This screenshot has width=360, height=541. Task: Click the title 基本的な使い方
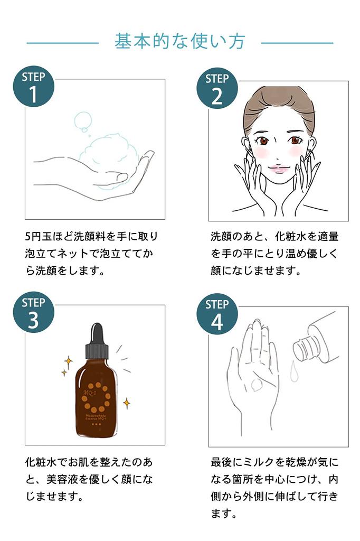coord(180,41)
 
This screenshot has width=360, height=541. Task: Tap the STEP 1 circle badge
coord(33,87)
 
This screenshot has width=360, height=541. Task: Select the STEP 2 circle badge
coord(217,88)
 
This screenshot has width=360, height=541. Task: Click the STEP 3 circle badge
coord(33,313)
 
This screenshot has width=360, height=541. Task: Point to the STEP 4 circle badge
coord(217,314)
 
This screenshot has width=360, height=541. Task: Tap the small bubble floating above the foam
coord(82,121)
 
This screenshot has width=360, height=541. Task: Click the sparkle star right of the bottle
coord(127,403)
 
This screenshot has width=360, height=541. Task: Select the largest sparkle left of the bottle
coord(68,362)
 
